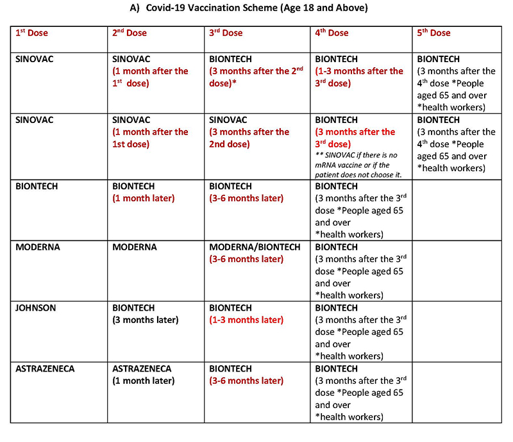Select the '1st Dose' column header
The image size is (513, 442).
32,33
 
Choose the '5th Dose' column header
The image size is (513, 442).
433,33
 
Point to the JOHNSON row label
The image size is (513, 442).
36,308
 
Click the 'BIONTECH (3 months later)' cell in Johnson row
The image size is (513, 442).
146,314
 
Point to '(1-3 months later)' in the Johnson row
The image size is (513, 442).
246,320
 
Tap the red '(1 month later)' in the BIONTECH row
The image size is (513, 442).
143,198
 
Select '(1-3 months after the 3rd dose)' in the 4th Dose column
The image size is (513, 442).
360,77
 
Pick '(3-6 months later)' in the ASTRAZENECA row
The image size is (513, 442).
246,381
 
